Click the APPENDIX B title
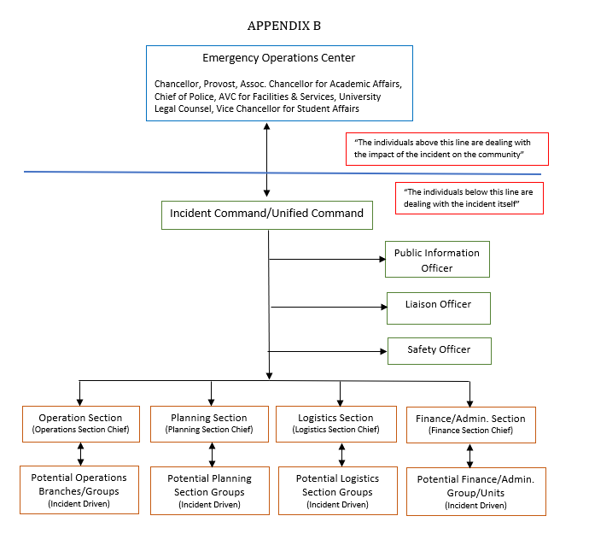pyautogui.click(x=284, y=26)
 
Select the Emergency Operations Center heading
pyautogui.click(x=279, y=58)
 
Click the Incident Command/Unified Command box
pyautogui.click(x=267, y=215)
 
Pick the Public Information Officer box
pyautogui.click(x=437, y=260)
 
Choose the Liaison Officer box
pyautogui.click(x=439, y=308)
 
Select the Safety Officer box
pyautogui.click(x=439, y=351)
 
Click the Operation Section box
pyautogui.click(x=81, y=424)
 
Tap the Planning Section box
pyautogui.click(x=209, y=424)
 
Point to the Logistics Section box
pyautogui.click(x=336, y=424)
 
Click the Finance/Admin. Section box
pyautogui.click(x=471, y=425)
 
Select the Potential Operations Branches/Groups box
pyautogui.click(x=79, y=490)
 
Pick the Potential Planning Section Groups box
pyautogui.click(x=210, y=491)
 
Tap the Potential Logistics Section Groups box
pyautogui.click(x=338, y=491)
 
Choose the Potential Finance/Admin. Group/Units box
pyautogui.click(x=476, y=491)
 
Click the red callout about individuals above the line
pyautogui.click(x=447, y=149)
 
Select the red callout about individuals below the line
pyautogui.click(x=469, y=198)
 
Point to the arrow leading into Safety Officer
pyautogui.click(x=327, y=351)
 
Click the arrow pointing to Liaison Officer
pyautogui.click(x=329, y=307)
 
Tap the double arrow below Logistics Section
pyautogui.click(x=341, y=454)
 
